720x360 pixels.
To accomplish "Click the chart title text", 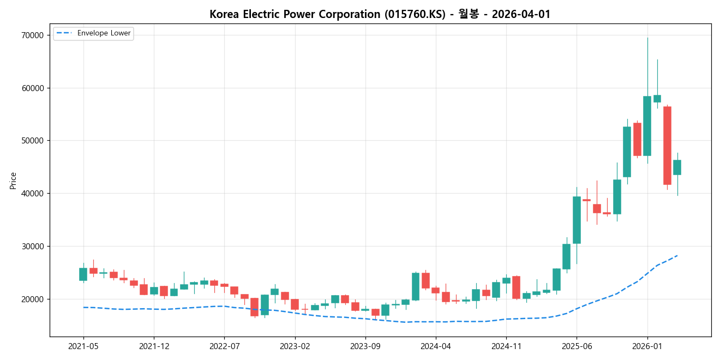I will (x=380, y=14).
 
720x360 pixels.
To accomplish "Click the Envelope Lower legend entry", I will (x=104, y=33).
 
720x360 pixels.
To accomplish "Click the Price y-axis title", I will (x=13, y=181).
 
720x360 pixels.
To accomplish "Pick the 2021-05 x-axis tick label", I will (x=83, y=346).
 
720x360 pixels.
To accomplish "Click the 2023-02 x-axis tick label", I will (x=295, y=346).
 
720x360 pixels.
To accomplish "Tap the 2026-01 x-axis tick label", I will (x=647, y=346).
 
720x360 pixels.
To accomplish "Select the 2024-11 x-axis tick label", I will (x=506, y=346).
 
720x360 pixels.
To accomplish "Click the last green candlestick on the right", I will (x=677, y=167).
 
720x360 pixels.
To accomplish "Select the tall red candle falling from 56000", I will (x=667, y=146).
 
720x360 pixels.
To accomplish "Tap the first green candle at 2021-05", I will (x=83, y=274).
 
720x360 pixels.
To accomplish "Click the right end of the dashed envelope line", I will (x=677, y=255).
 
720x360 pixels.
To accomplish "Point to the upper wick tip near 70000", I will (x=647, y=38).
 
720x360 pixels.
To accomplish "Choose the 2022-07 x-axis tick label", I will (x=224, y=346).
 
